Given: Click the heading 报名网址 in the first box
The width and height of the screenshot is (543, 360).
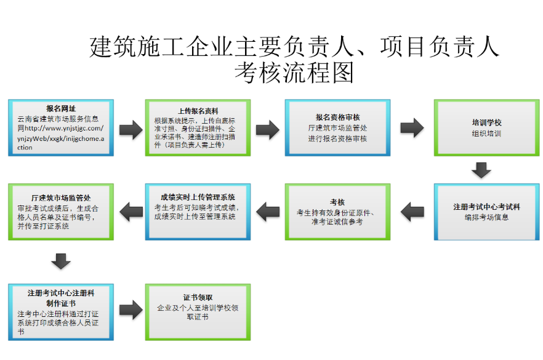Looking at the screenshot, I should (x=61, y=109).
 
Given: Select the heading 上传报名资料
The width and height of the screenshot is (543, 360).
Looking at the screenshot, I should (x=198, y=111).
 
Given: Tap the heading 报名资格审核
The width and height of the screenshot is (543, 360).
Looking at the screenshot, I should (x=337, y=117).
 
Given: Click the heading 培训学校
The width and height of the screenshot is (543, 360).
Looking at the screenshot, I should (x=486, y=122).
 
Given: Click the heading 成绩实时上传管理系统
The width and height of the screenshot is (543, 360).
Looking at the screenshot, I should (x=198, y=197).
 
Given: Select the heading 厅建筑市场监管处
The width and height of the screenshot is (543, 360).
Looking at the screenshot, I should (x=61, y=198).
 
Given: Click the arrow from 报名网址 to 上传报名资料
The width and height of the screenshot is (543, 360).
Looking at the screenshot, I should (x=130, y=129).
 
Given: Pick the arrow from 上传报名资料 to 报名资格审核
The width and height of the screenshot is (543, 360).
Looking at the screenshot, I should (x=267, y=129).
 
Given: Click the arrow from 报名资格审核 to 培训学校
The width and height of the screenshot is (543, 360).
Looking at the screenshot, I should (x=412, y=127).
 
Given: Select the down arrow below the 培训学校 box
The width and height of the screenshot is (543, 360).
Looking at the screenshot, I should (x=481, y=170).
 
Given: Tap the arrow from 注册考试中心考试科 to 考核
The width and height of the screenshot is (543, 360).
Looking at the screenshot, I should (x=412, y=212).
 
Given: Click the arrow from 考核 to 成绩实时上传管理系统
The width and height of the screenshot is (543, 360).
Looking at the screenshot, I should (x=267, y=212).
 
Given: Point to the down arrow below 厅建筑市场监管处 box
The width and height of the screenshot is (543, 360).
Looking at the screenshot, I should (x=61, y=261).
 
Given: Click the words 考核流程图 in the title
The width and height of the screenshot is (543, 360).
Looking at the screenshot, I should (x=294, y=73).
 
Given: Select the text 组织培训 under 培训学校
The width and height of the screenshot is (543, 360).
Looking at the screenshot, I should (x=486, y=133).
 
